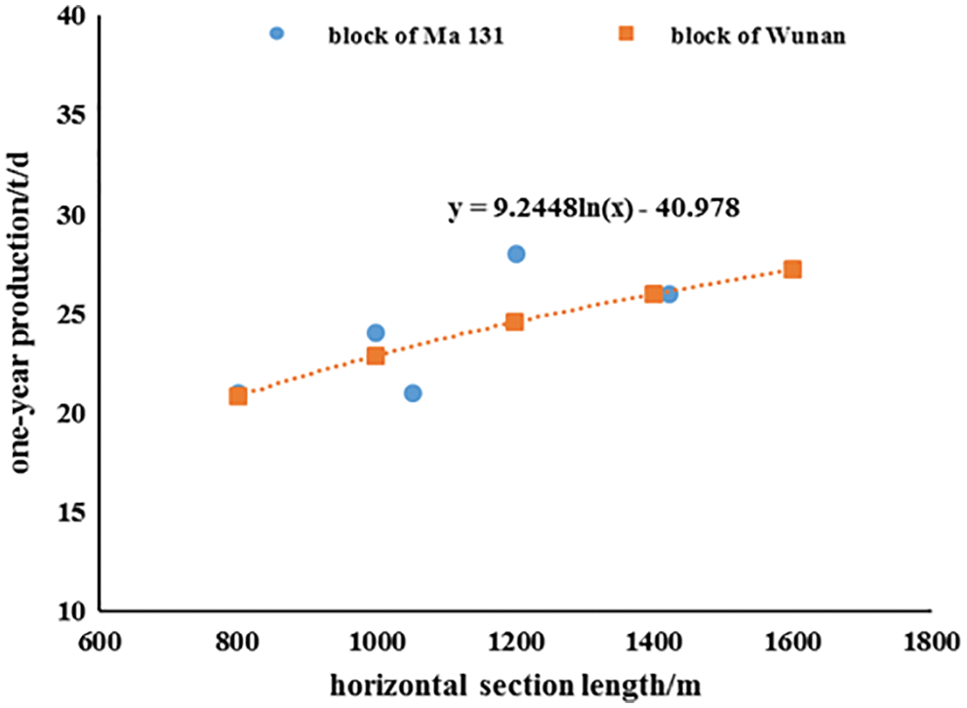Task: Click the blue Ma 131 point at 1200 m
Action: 516,254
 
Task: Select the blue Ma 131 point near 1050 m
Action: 413,393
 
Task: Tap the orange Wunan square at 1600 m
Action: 792,269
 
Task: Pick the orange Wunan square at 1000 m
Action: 376,355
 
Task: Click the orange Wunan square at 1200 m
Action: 514,321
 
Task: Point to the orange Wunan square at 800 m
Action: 238,396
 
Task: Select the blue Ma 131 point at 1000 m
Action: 376,333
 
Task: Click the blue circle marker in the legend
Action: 276,34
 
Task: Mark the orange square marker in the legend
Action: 627,34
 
